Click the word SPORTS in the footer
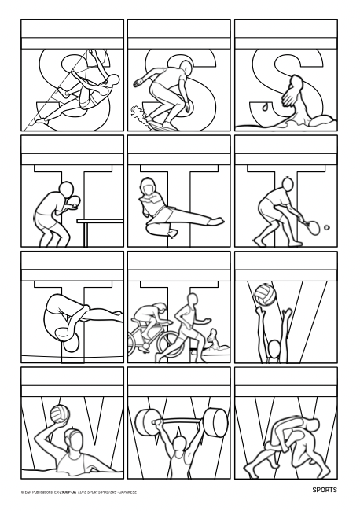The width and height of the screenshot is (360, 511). (322, 490)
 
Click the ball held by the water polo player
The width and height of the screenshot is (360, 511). (57, 414)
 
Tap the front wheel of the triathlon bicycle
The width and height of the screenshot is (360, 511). (168, 341)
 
